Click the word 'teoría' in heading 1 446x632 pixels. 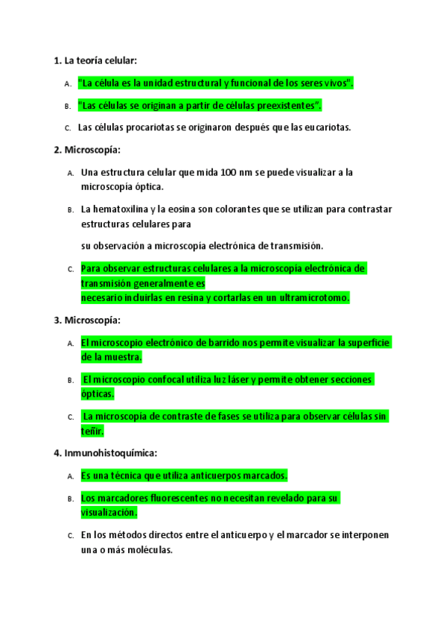tap(91, 60)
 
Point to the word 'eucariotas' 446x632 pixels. tap(326, 127)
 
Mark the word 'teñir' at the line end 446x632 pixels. tap(92, 431)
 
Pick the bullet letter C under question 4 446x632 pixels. tap(70, 536)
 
